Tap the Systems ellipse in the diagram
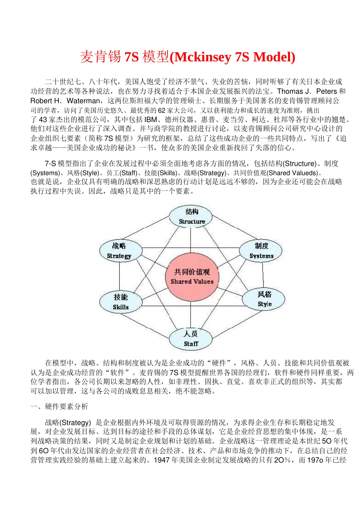[x=261, y=250]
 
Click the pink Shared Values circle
[x=192, y=276]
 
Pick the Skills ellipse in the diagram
[x=121, y=302]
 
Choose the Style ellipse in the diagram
[x=264, y=299]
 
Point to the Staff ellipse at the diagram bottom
[x=191, y=338]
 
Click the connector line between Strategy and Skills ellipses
[x=120, y=276]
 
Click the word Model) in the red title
[x=274, y=57]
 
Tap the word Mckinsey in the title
[x=202, y=57]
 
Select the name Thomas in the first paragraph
[x=290, y=91]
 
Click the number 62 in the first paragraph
[x=161, y=110]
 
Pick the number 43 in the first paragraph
[x=43, y=120]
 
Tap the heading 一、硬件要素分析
[x=59, y=406]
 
